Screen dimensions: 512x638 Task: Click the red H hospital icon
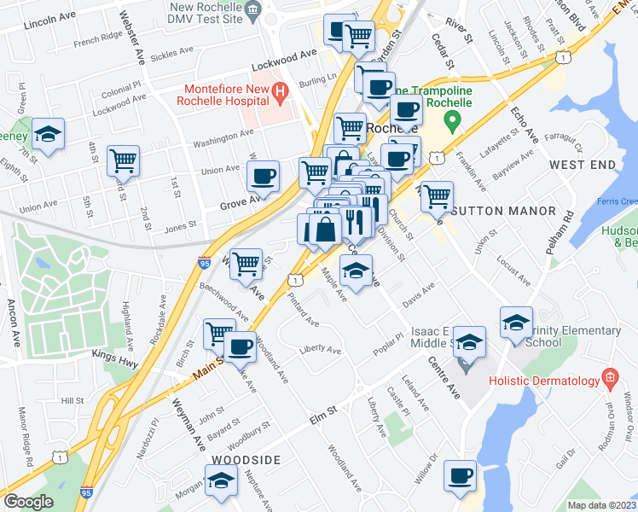click(279, 90)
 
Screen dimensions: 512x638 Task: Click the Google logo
click(28, 501)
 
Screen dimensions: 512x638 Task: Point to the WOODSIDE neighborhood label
click(243, 460)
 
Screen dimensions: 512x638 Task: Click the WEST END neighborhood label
click(583, 163)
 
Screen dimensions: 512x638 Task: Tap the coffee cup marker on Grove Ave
click(263, 176)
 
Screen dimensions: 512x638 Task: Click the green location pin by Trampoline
click(455, 118)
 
